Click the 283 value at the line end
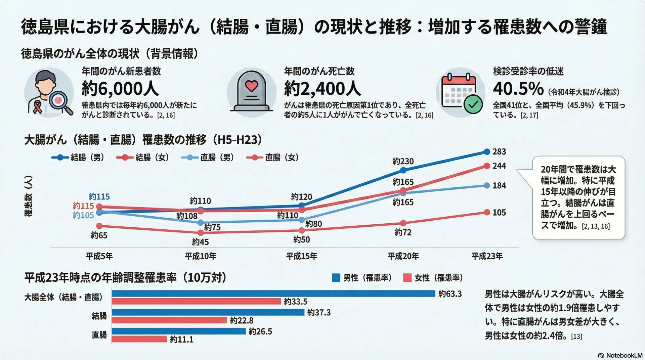[499, 152]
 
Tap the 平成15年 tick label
[301, 256]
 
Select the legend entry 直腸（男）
[208, 157]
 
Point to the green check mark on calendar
[473, 105]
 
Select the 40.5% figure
[518, 89]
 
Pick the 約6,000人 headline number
[120, 89]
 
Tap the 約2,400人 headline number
[322, 89]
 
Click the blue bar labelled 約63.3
[273, 294]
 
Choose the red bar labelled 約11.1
[139, 339]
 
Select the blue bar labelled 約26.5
[178, 331]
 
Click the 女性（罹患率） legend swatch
[407, 278]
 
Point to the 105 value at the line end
[499, 213]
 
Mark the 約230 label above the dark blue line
[403, 162]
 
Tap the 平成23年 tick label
[487, 256]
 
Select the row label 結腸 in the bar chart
[99, 316]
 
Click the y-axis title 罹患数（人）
[29, 196]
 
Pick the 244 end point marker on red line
[487, 166]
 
